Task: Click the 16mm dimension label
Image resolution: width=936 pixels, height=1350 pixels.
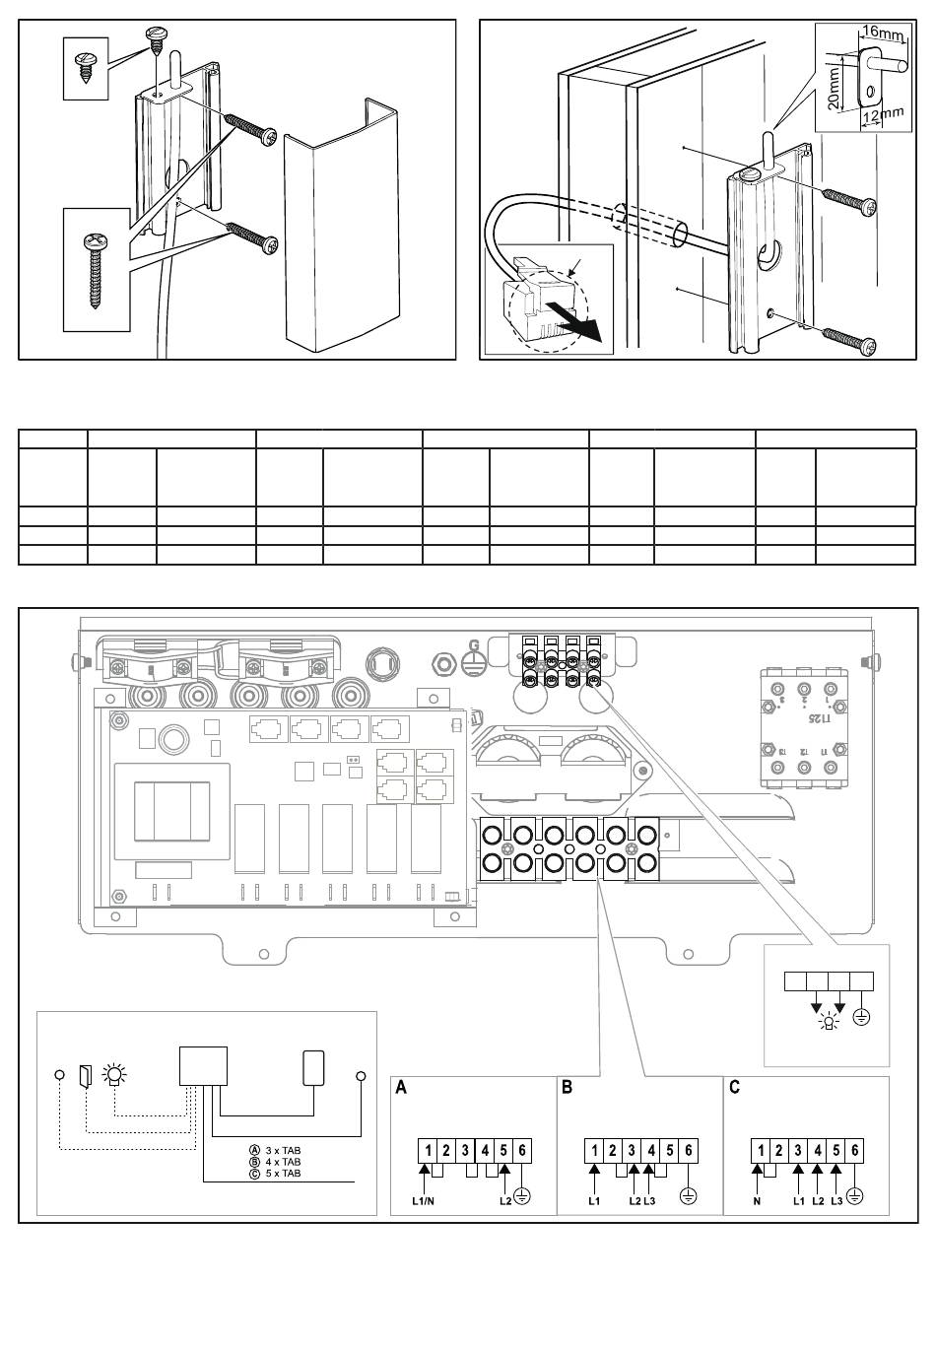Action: (884, 35)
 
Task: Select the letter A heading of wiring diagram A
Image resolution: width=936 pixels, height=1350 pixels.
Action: (401, 1088)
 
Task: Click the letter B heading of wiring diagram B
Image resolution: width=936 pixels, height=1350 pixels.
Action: (567, 1088)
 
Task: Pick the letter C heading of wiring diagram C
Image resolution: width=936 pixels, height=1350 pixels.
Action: (734, 1088)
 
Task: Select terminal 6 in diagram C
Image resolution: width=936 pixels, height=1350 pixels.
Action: (855, 1150)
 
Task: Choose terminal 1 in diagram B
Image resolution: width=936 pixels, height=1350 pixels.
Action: (595, 1150)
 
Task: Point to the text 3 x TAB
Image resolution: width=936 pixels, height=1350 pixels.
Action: (283, 1150)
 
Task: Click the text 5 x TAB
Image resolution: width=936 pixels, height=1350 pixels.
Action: (283, 1174)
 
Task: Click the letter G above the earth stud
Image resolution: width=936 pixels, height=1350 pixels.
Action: (474, 645)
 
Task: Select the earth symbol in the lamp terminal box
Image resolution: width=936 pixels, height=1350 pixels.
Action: (862, 1016)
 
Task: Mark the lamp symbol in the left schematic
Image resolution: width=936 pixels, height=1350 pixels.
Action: (115, 1074)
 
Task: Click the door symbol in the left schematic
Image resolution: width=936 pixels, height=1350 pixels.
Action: (86, 1075)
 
